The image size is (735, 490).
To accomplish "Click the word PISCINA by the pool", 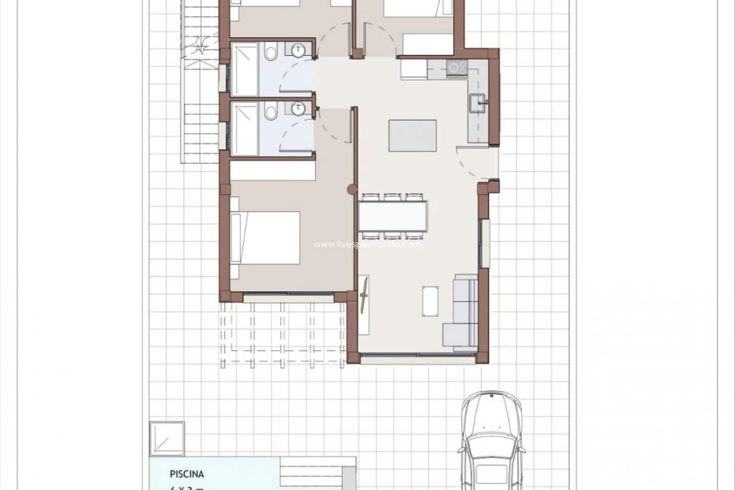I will tap(187, 474).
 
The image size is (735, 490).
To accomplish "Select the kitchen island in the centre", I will tap(413, 136).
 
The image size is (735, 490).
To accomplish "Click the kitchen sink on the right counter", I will tap(477, 103).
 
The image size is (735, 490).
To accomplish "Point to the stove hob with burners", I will tap(457, 68).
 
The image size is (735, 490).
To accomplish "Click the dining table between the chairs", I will tap(393, 216).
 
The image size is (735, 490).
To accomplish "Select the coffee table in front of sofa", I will tap(430, 301).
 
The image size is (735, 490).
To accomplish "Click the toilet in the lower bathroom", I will tap(271, 111).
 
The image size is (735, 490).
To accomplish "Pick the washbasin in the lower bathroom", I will tap(298, 108).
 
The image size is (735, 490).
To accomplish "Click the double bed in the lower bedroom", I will tap(266, 238).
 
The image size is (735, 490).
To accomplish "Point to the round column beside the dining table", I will tap(351, 188).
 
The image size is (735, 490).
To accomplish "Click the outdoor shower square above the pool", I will tap(167, 439).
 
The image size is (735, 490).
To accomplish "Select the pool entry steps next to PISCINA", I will tap(317, 473).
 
